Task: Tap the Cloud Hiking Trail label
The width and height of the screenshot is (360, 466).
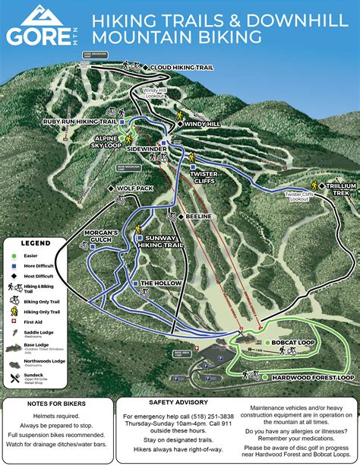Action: pyautogui.click(x=182, y=68)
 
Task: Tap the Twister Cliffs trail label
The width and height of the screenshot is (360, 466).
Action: pyautogui.click(x=203, y=177)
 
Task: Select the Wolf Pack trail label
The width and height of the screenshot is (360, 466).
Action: pyautogui.click(x=136, y=187)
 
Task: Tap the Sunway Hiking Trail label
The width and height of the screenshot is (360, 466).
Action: pyautogui.click(x=163, y=242)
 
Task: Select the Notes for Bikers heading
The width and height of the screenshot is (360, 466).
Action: pyautogui.click(x=59, y=403)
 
